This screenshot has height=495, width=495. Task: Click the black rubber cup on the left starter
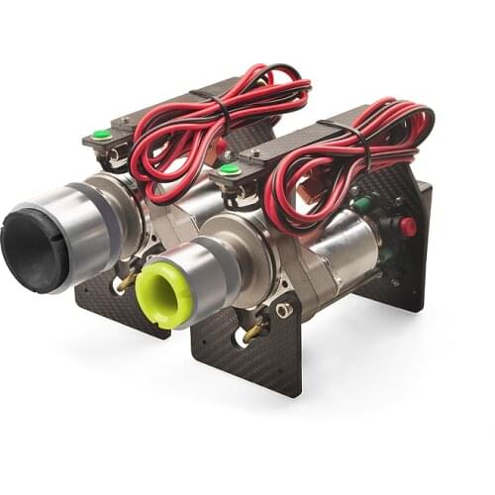click(36, 247)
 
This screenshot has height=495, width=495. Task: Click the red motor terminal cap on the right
click(407, 227)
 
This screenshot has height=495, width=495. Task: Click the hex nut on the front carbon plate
click(284, 310)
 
